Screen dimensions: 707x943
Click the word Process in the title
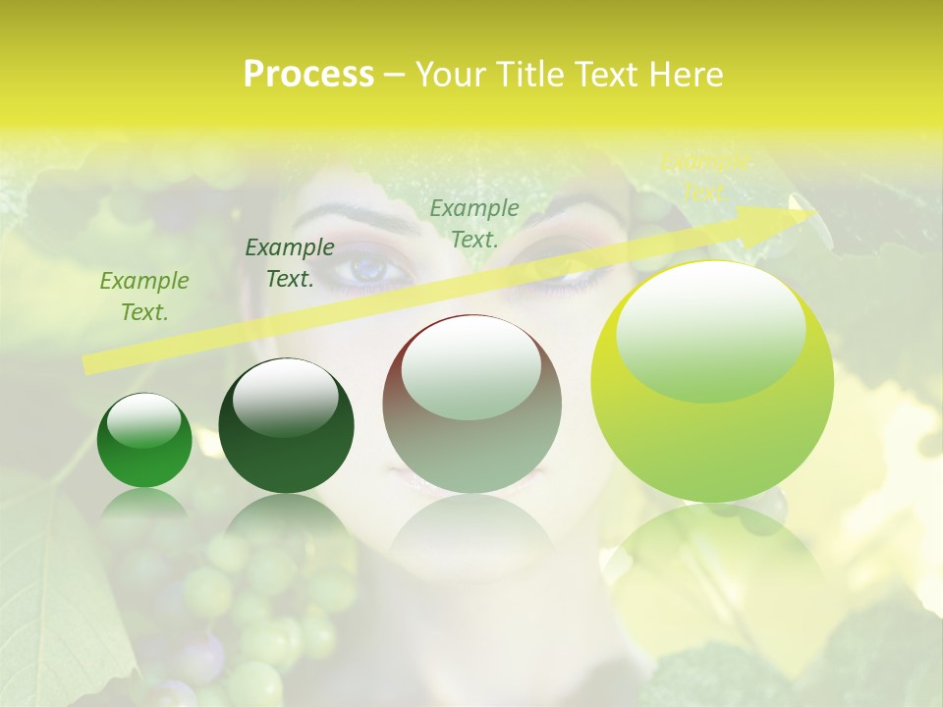[308, 75]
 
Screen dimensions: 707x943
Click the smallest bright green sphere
[144, 441]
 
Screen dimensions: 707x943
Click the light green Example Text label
[143, 297]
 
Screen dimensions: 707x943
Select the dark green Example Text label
[289, 263]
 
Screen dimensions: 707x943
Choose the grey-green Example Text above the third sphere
[474, 223]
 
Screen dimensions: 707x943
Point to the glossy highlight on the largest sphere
[710, 330]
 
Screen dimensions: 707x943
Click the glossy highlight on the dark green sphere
[285, 397]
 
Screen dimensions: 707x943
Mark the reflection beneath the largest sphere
[712, 570]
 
